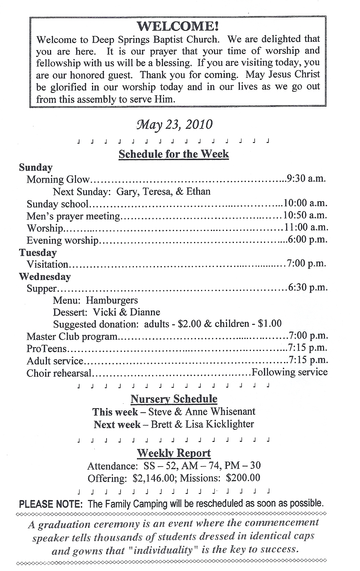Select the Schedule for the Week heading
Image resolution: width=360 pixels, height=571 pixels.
pos(174,154)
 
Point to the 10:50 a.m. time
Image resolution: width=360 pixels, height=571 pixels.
pos(305,215)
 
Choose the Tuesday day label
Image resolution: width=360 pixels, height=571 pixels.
pos(38,253)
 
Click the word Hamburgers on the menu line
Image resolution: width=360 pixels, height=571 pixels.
pos(112,300)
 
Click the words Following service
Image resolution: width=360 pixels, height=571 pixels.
pos(289,372)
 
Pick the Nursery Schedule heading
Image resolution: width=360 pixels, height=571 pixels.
pos(174,399)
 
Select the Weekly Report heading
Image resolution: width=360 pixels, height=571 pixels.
pos(174,453)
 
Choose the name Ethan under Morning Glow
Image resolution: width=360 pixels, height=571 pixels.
pos(198,191)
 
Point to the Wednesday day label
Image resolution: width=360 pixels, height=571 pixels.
pos(45,277)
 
